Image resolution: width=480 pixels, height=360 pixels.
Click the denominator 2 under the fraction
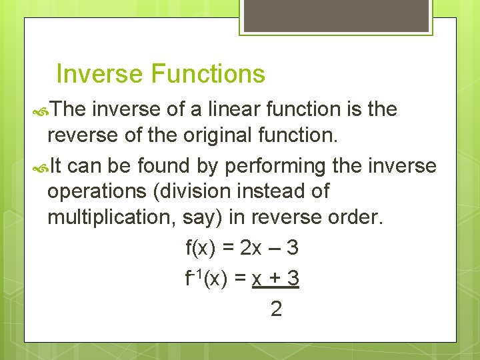coord(276,309)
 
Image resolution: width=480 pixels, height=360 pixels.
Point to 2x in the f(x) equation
coord(251,248)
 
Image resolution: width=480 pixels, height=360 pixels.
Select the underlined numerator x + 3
coord(276,279)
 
